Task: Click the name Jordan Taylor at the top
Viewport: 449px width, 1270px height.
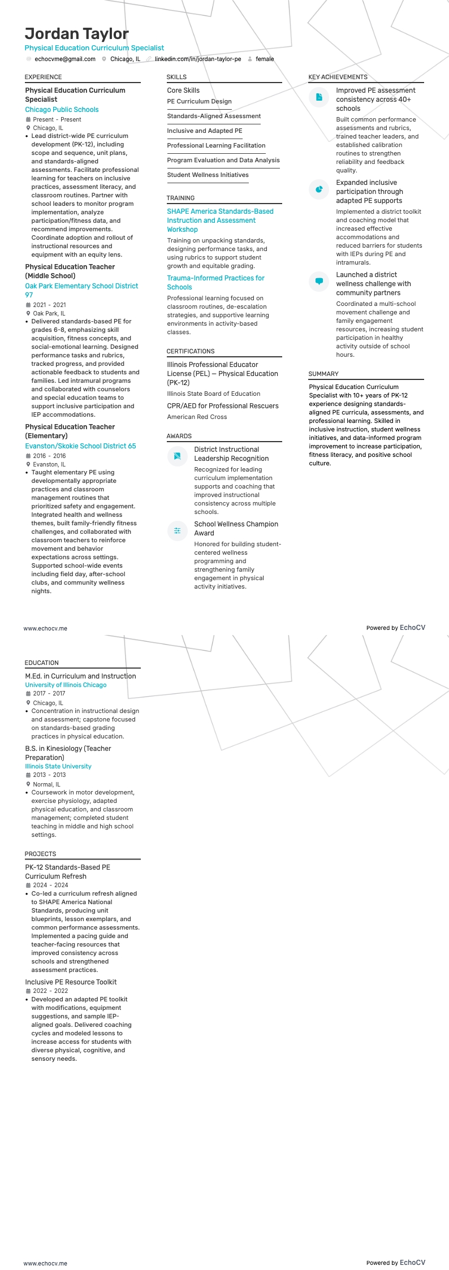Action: [x=76, y=34]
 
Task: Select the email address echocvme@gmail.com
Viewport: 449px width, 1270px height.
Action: [x=64, y=59]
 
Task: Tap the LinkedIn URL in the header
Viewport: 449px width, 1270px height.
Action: [x=198, y=59]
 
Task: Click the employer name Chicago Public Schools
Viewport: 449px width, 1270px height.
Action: [x=62, y=110]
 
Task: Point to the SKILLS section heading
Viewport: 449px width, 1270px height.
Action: [x=176, y=77]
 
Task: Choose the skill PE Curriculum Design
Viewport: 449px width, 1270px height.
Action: [x=199, y=102]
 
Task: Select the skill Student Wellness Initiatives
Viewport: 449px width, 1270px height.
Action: [x=208, y=175]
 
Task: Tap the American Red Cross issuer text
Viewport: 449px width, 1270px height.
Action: [x=197, y=417]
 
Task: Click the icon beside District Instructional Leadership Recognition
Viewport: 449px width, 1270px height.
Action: [x=177, y=456]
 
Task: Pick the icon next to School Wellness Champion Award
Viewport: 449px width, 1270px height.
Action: [x=177, y=530]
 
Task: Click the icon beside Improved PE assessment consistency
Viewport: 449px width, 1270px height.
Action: [x=319, y=97]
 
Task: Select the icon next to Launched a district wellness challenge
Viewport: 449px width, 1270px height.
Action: [x=319, y=282]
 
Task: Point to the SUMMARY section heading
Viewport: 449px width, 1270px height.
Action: [x=323, y=374]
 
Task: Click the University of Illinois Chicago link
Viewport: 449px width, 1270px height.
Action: [x=66, y=685]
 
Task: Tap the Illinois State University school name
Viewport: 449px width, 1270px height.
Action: [x=58, y=767]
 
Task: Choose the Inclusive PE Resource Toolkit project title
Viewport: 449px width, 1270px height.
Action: [x=71, y=982]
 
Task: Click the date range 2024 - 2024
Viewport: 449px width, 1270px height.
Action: [x=50, y=885]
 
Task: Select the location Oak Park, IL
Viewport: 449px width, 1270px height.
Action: [x=49, y=313]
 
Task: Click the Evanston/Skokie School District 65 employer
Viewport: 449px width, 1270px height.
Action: [x=80, y=446]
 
